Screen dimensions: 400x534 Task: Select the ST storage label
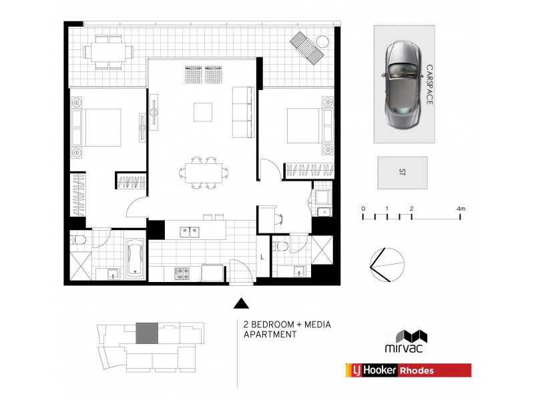point(402,173)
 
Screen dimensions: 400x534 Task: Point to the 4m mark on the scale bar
point(461,209)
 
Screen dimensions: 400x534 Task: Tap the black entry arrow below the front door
point(239,304)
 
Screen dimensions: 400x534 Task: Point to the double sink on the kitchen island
point(190,232)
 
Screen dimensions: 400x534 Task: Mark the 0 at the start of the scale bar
point(363,209)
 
